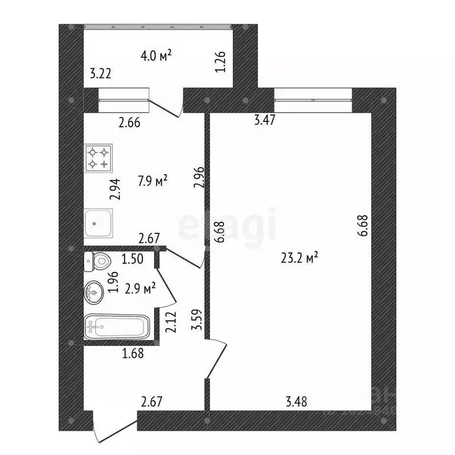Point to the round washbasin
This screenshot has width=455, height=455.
tap(94, 291)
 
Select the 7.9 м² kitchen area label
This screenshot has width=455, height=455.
tap(153, 181)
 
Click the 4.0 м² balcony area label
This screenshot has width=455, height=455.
tap(156, 56)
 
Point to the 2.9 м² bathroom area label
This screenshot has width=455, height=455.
tap(140, 289)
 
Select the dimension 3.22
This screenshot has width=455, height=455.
tap(101, 74)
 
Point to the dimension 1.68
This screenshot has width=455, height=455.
tap(133, 354)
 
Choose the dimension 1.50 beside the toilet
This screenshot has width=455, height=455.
tap(133, 259)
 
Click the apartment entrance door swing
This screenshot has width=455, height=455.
tap(116, 430)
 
